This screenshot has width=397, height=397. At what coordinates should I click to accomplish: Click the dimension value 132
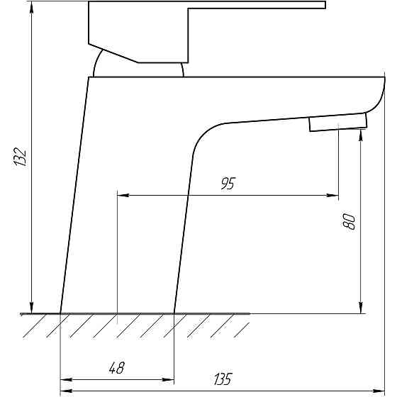(x=20, y=157)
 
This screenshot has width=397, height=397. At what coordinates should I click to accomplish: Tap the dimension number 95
(x=228, y=184)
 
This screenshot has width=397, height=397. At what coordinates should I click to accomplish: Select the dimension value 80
(x=349, y=221)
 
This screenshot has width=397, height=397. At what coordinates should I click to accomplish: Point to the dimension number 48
(x=117, y=368)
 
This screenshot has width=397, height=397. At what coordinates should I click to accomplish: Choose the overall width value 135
(x=223, y=379)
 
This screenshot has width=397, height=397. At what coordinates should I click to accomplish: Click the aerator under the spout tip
(x=338, y=122)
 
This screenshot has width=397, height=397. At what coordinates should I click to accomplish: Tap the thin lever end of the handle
(x=257, y=5)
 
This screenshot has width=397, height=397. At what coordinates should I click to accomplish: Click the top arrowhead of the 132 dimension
(x=31, y=7)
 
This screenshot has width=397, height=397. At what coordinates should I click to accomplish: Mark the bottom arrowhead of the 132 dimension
(x=31, y=308)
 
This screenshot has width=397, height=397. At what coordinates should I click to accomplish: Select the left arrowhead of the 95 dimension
(x=123, y=195)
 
